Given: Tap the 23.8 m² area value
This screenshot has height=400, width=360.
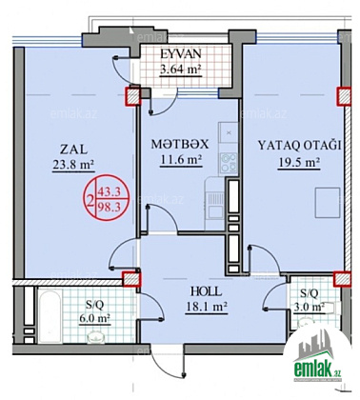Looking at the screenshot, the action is click(x=73, y=165).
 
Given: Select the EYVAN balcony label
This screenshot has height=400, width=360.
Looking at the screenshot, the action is click(x=181, y=54).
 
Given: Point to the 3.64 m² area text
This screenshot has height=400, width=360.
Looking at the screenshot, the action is click(x=181, y=69).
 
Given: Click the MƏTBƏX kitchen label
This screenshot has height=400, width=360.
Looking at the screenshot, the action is click(x=180, y=145).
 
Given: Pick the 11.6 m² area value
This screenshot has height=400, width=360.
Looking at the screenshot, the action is click(x=181, y=160).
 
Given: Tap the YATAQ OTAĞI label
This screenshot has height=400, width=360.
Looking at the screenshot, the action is click(x=299, y=146).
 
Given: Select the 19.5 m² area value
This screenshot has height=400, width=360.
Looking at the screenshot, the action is click(x=298, y=162).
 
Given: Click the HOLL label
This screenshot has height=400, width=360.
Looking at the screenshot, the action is click(x=206, y=291).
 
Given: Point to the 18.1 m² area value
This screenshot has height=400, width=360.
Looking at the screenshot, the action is click(x=206, y=307).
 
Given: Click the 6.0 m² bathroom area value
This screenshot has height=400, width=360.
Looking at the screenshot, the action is click(x=94, y=318).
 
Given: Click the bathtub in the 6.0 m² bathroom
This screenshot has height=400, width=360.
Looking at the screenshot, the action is click(x=50, y=316).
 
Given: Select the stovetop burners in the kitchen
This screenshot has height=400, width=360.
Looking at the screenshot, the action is click(x=229, y=162).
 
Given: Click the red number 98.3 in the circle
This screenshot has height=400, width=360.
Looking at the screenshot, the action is click(x=109, y=208).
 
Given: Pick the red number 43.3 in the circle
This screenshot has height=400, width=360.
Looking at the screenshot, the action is click(x=109, y=191).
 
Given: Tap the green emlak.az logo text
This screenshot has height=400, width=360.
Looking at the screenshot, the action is click(x=317, y=370).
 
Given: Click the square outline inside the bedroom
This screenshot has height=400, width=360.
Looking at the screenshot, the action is click(x=328, y=203).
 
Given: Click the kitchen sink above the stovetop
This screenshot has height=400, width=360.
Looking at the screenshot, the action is click(x=228, y=132).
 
